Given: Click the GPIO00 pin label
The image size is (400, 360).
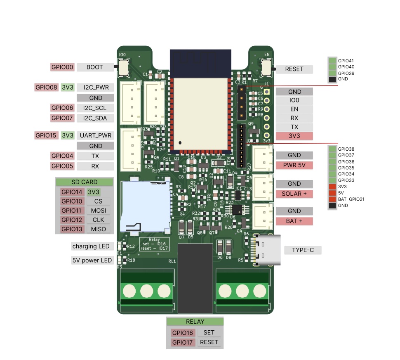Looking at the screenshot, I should coord(62,67).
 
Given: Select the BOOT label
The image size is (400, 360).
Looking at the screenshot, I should coord(95,67).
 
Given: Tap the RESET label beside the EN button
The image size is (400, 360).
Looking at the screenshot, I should coord(294,69).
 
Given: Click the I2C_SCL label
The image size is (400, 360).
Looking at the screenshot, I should coord(95,108).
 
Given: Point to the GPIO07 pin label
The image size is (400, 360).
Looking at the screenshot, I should coord(62,118).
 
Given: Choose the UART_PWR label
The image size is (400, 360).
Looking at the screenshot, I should coord(95,135).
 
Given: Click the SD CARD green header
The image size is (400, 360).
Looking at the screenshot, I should coord(84,182).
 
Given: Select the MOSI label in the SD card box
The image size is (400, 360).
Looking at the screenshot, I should coord(98,211).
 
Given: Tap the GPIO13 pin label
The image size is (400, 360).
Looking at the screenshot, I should coord(72,229).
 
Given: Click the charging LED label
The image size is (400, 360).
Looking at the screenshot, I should coord(91,246).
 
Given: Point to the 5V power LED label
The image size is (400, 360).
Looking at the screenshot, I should coord(92,261).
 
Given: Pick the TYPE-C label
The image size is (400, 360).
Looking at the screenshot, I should coord(302,250).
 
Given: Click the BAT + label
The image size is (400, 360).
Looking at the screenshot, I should coord(294,221).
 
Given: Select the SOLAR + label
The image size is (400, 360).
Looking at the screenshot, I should coord(294,194).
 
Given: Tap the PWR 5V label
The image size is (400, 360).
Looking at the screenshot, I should coord(294,166).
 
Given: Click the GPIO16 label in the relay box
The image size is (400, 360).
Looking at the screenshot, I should coord(183,333).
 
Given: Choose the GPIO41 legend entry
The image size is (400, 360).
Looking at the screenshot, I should coord(346,60).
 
